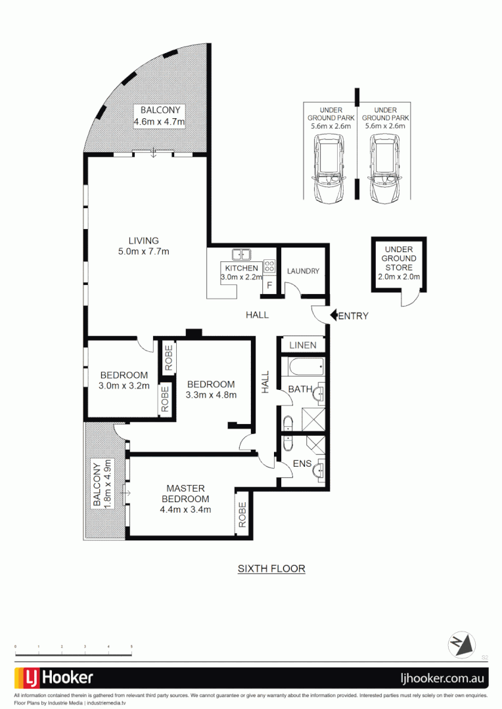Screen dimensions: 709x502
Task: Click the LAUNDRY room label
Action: tap(303, 271)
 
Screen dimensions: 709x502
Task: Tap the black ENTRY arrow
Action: tap(333, 316)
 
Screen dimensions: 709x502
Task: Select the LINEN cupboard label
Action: tap(303, 345)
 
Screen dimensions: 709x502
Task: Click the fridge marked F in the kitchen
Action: tap(269, 286)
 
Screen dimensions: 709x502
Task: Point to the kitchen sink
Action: tap(241, 254)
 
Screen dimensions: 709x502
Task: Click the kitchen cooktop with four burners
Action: tap(269, 266)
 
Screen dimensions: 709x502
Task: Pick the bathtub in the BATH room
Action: tap(303, 366)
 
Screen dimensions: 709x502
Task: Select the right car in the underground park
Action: tap(384, 169)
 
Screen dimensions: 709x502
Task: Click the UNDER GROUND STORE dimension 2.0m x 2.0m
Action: tap(399, 277)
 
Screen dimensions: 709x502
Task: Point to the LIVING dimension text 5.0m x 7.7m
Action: tap(144, 251)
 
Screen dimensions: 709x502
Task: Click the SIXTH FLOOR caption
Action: tap(271, 569)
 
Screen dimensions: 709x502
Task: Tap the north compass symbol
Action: tap(462, 644)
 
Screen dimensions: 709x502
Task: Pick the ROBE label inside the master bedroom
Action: tap(242, 514)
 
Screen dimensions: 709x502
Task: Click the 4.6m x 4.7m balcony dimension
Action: tap(160, 122)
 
